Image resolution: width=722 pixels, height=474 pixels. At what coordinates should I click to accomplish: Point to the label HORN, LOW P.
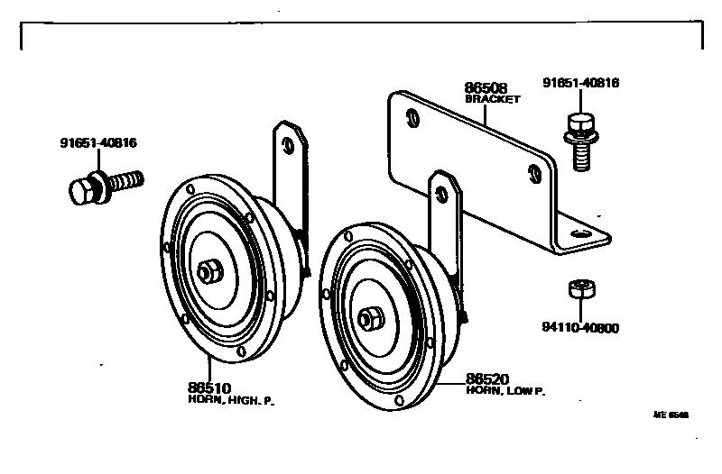(x=506, y=392)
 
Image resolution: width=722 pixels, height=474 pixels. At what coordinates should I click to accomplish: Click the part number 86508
(x=484, y=88)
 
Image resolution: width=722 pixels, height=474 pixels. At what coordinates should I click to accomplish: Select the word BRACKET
(x=493, y=99)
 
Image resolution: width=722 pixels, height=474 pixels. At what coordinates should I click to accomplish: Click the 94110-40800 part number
(x=579, y=328)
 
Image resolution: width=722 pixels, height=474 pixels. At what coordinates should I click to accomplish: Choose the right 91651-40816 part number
(x=580, y=83)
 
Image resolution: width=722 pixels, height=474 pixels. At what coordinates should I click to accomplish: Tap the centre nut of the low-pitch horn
(x=370, y=318)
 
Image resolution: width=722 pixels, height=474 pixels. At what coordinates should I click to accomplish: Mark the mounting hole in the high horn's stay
(x=288, y=145)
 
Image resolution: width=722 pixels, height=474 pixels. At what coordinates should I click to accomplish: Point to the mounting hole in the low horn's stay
(x=443, y=193)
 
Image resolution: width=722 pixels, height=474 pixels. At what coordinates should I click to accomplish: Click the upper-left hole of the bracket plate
(x=413, y=117)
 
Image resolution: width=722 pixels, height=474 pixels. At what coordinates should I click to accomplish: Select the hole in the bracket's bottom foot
(x=581, y=233)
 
